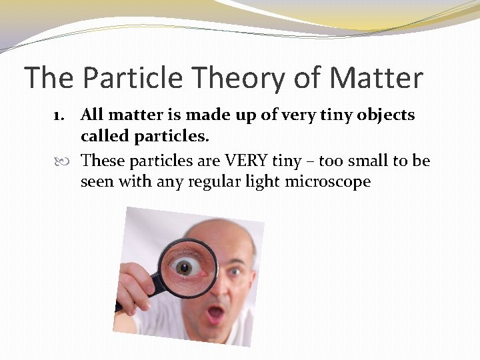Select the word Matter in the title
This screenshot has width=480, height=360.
pos(376,78)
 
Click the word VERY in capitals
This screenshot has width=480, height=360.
pos(248,161)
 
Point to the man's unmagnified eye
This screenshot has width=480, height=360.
pos(235,273)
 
